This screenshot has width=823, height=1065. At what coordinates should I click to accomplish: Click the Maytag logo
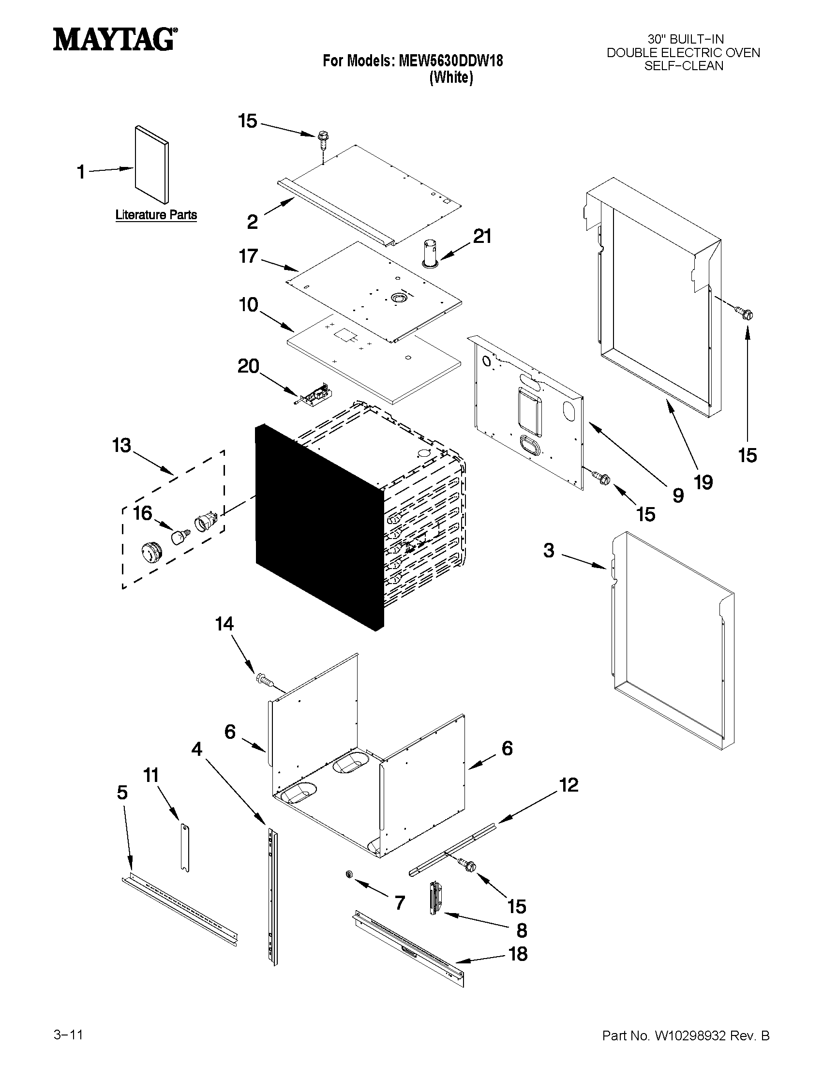115,39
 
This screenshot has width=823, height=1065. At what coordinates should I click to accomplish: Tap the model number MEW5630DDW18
450,60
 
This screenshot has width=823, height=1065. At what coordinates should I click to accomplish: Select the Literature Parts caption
156,214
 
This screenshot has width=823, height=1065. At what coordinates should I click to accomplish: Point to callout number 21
482,236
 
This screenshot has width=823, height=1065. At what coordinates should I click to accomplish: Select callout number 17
248,256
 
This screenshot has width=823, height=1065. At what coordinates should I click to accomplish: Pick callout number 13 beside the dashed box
121,445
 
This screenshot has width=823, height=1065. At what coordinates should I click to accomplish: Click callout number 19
703,482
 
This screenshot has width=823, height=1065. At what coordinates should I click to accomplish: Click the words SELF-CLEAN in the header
684,66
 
